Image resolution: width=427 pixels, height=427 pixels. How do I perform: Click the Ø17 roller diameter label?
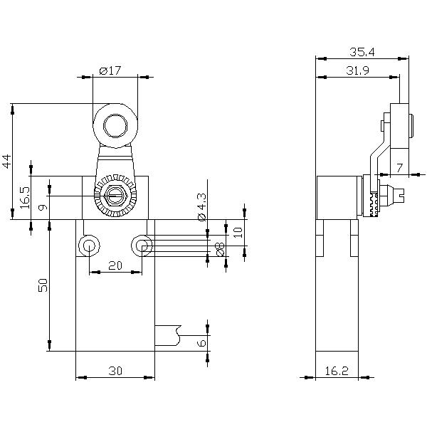point(110,70)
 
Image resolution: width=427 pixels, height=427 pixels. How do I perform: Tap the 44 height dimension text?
point(7,162)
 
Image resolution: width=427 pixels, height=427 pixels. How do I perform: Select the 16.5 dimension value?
point(25,197)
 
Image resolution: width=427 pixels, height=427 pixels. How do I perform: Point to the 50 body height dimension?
point(43,285)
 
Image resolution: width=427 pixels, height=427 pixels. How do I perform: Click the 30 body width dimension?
point(115,371)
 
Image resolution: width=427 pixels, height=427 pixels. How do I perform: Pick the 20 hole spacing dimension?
point(115,265)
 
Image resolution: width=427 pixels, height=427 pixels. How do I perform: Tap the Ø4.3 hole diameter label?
point(202,207)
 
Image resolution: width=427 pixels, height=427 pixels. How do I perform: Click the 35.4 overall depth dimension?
point(362,52)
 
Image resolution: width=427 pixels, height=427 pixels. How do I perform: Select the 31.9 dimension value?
point(357,70)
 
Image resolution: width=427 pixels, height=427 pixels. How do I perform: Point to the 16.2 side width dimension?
point(337,371)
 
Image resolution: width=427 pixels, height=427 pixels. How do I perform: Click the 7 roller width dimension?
point(399,168)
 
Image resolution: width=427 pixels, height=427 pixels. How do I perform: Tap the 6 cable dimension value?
point(202,343)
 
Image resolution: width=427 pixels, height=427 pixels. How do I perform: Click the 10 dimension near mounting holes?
point(238,232)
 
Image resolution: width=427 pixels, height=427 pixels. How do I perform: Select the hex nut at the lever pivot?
point(115,196)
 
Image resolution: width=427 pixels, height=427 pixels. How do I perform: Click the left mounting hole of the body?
point(89,246)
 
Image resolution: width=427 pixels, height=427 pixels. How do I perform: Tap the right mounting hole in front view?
point(142,246)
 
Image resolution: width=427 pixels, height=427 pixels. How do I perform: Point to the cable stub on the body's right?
point(168,335)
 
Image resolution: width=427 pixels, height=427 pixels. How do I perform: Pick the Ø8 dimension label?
point(220,249)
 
